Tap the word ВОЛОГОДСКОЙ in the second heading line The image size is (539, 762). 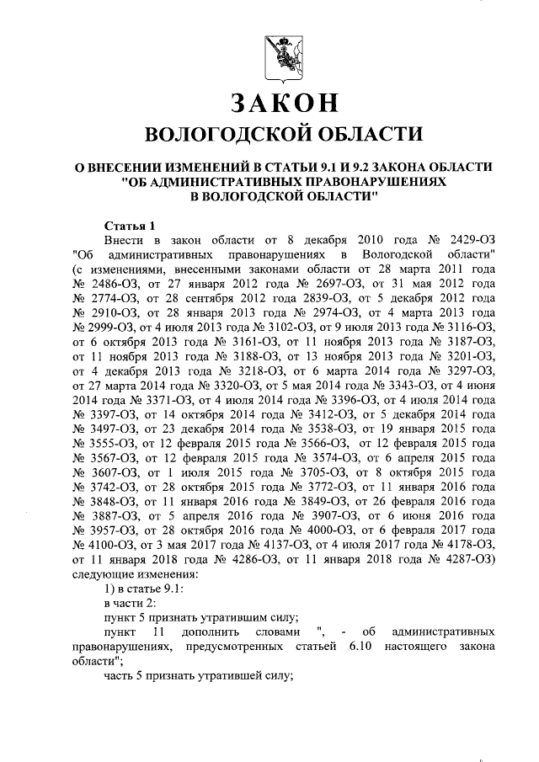(x=215, y=135)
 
